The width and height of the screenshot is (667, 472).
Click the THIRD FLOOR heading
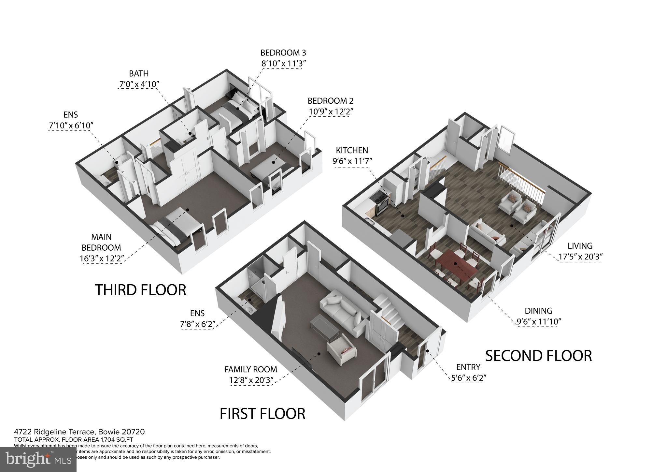[140, 290]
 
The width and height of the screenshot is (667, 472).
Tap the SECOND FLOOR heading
[538, 356]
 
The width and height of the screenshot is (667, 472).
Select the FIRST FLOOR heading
[262, 414]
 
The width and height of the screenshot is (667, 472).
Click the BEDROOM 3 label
[283, 53]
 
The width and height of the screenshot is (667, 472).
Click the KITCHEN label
[352, 150]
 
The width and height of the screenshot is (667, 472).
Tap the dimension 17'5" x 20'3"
[580, 257]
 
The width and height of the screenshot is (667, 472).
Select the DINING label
[538, 311]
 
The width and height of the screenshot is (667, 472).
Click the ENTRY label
[468, 367]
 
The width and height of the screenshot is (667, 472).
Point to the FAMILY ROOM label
[250, 369]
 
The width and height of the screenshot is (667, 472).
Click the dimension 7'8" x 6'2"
[197, 324]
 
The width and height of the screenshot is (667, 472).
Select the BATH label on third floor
[139, 73]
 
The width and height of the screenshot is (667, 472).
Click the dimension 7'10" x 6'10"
[71, 125]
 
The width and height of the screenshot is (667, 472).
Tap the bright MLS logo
[38, 460]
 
